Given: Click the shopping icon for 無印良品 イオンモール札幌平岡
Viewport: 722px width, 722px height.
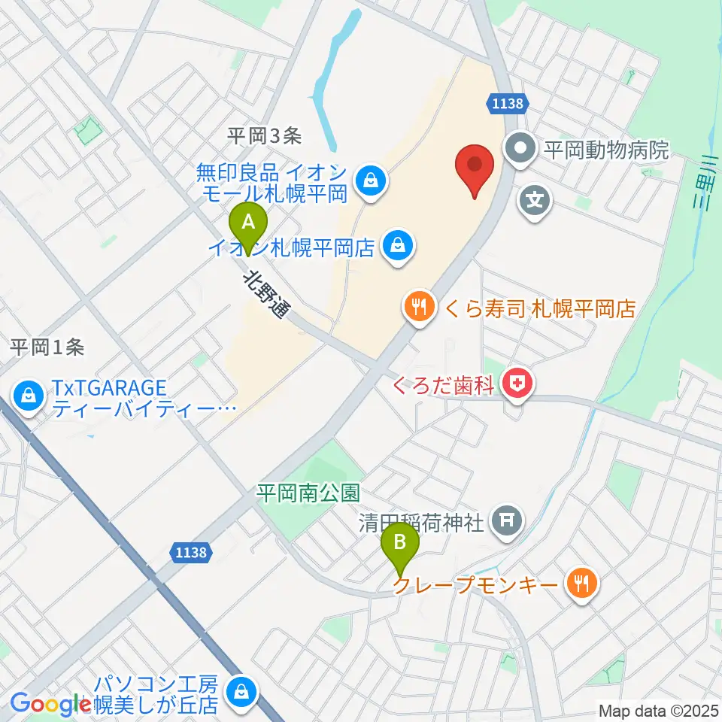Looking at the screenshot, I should [371, 179].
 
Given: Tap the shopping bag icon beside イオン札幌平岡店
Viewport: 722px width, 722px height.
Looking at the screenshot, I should [399, 244].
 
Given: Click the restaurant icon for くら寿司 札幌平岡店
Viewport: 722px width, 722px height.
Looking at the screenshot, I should [418, 306].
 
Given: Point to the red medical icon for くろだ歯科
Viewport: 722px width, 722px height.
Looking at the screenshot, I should [519, 386].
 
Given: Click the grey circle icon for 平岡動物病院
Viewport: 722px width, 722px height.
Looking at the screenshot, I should [520, 148].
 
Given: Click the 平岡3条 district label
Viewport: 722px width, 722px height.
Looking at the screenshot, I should [265, 135].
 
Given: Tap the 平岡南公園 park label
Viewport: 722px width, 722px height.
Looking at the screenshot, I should [308, 493].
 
